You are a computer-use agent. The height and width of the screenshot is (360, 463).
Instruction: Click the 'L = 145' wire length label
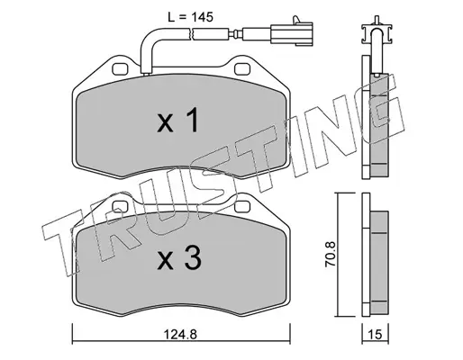190,17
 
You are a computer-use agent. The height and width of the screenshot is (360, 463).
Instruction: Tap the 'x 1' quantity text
177,121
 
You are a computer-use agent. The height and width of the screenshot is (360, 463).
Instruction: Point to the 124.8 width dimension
180,334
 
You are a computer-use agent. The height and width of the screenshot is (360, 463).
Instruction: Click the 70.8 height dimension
331,255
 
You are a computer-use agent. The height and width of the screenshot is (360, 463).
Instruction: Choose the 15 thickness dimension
375,334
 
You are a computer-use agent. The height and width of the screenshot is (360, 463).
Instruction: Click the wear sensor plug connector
291,33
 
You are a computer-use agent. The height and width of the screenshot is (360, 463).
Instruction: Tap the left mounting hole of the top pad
120,69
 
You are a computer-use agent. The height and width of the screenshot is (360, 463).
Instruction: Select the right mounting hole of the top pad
242,69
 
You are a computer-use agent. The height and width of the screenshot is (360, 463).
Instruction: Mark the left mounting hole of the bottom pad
120,207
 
